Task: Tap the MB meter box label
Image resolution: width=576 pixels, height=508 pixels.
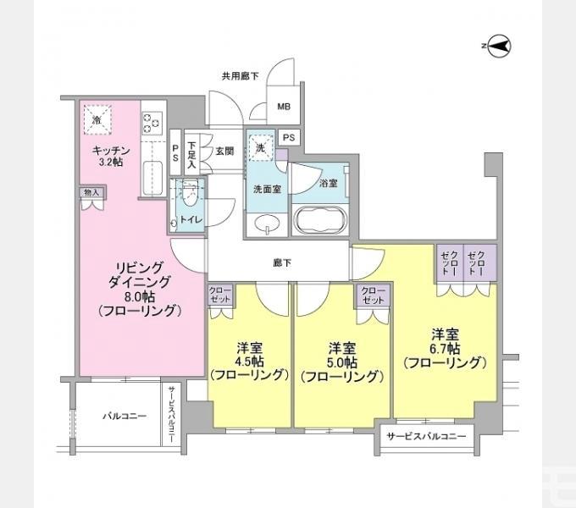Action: tap(284, 107)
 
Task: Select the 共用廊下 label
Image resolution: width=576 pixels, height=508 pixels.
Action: tap(240, 75)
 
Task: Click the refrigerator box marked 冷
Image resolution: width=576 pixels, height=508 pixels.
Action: tap(97, 119)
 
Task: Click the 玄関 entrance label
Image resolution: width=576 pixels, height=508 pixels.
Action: tap(224, 152)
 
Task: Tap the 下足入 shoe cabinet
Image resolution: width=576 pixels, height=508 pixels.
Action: tap(192, 155)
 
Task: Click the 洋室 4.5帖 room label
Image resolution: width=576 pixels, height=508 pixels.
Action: tap(249, 361)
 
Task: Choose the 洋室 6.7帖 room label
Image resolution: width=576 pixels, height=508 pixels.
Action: tap(445, 348)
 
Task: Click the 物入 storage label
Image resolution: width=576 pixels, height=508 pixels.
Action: tap(92, 193)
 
